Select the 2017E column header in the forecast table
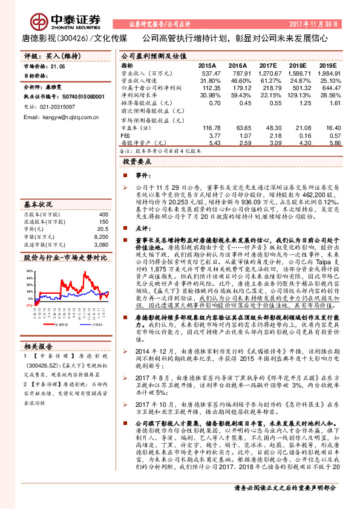click(x=266, y=65)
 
